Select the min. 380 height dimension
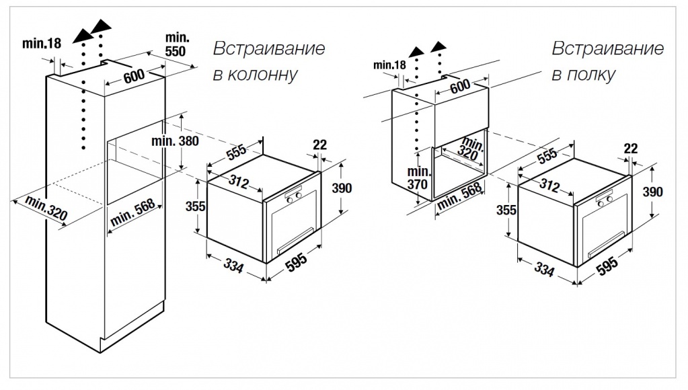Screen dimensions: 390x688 pyautogui.click(x=176, y=142)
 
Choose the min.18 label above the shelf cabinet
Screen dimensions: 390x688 pyautogui.click(x=390, y=65)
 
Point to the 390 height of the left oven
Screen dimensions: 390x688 pyautogui.click(x=342, y=188)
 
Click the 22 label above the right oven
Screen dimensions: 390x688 pyautogui.click(x=630, y=148)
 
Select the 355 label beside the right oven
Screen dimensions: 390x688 pyautogui.click(x=506, y=209)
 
